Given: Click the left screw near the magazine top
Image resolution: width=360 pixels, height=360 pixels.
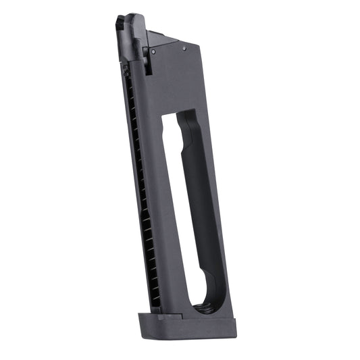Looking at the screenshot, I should coord(154,51).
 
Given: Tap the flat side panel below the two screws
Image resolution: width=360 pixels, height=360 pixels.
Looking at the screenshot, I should coord(176,81).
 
